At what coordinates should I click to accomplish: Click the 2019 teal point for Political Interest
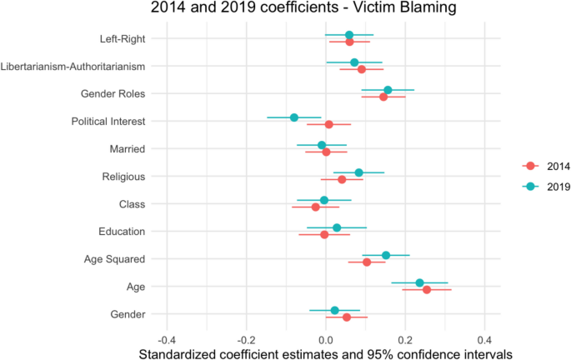(x=294, y=117)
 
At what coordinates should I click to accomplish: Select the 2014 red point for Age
(x=427, y=290)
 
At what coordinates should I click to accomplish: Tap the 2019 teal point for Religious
(x=358, y=172)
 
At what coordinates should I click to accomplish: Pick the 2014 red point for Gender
(x=347, y=317)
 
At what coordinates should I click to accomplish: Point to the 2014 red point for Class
(x=316, y=207)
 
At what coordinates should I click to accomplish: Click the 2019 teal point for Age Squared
(x=386, y=255)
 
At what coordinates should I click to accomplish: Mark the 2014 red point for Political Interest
(x=328, y=124)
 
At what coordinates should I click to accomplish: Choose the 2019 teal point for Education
(x=337, y=227)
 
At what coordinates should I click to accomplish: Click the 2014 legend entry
(x=546, y=167)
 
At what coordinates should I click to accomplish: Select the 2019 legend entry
(x=546, y=187)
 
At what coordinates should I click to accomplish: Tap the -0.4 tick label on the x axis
(x=167, y=341)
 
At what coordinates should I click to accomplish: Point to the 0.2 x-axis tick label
(x=405, y=341)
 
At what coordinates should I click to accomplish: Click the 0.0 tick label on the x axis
(x=326, y=341)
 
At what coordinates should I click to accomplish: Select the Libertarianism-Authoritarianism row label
(x=73, y=67)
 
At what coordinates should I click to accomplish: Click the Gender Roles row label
(x=113, y=94)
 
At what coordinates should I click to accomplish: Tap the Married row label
(x=128, y=149)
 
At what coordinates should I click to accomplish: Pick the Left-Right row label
(x=123, y=39)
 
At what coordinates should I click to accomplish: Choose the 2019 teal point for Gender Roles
(x=388, y=90)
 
